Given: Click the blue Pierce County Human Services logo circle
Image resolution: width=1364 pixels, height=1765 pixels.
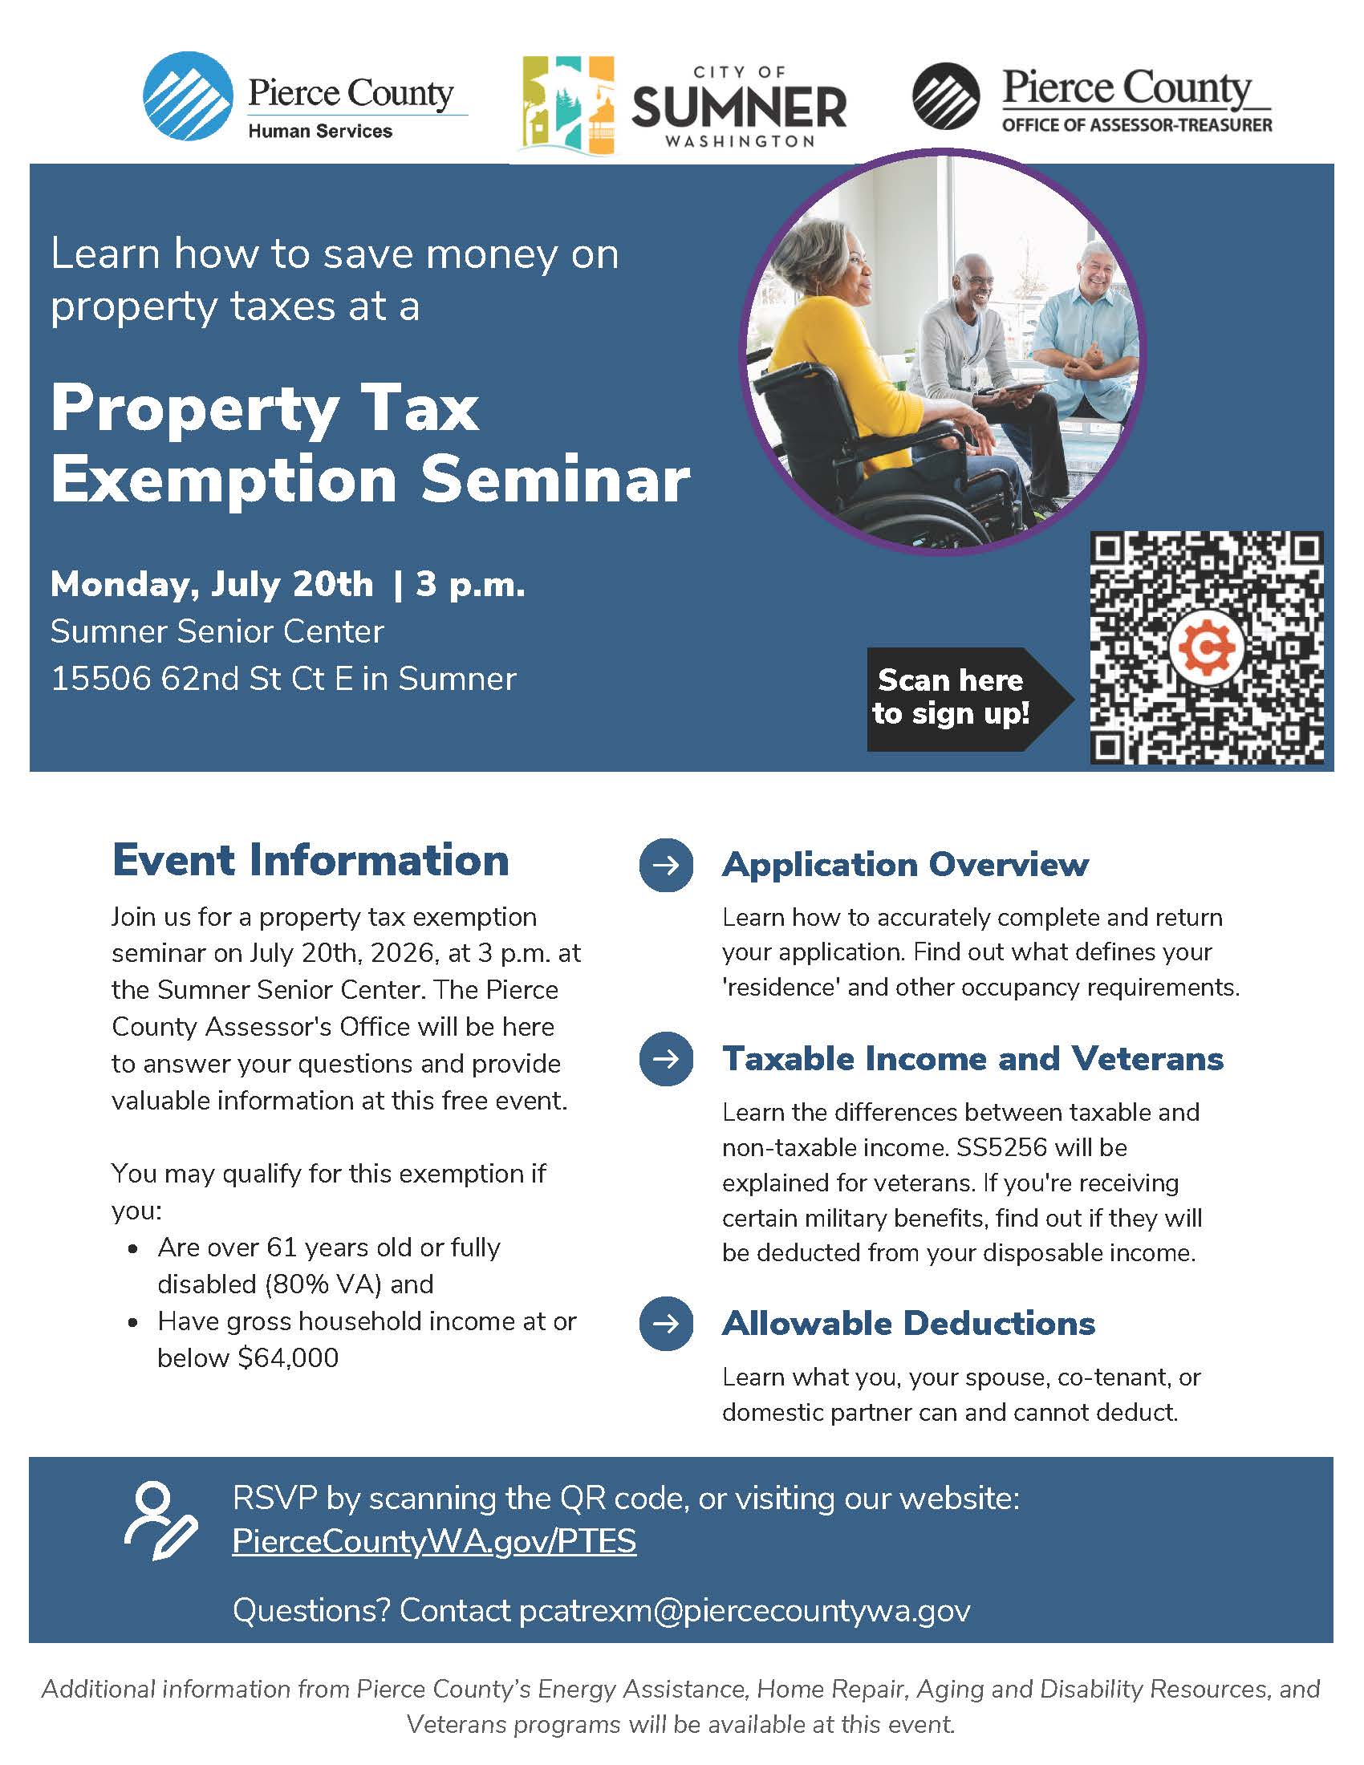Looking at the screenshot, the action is pos(189,96).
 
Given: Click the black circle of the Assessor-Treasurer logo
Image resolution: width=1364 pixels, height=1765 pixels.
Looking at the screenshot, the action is pos(946,96).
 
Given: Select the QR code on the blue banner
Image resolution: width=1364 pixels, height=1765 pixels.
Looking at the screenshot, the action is pos(1207,647).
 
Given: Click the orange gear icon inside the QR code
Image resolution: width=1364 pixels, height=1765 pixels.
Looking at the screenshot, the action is pos(1207,647).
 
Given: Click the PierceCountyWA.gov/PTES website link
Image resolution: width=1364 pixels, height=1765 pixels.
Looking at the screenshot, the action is pos(434,1540).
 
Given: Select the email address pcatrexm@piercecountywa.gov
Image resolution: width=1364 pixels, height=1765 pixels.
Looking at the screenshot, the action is pos(745,1610).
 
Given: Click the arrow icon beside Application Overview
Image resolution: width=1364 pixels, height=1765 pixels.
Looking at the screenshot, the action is pos(666,866).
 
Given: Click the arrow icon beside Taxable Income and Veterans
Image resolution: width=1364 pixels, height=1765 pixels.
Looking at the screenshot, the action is pos(666,1059).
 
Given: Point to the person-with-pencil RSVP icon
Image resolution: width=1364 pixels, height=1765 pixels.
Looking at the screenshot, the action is pos(160,1520).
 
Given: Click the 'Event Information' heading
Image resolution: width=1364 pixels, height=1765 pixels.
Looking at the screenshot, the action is pos(311,859).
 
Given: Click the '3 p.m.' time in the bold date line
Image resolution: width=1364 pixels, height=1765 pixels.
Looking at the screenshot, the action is pos(470,583).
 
